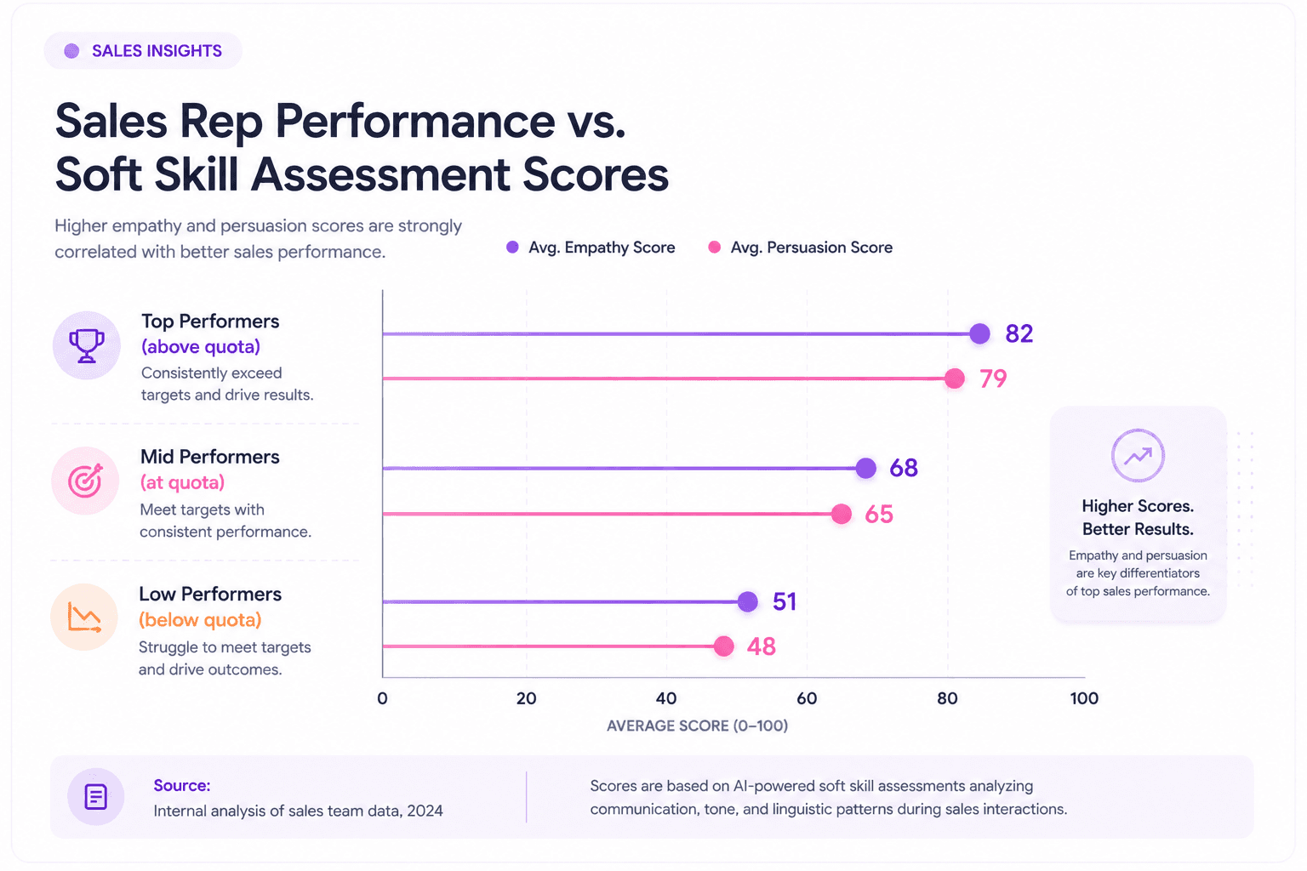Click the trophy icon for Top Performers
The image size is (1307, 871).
(x=87, y=345)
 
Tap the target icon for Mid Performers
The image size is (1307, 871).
(x=85, y=481)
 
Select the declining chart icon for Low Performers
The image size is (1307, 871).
(x=84, y=618)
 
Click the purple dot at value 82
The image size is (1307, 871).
(x=979, y=333)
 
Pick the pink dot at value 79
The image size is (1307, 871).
(x=955, y=378)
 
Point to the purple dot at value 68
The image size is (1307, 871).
(x=866, y=468)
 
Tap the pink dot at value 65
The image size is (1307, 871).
(x=842, y=514)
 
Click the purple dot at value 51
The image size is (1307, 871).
(x=747, y=601)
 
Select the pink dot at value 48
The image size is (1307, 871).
(x=723, y=646)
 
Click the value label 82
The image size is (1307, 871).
(x=1019, y=333)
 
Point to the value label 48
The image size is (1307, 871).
(x=762, y=646)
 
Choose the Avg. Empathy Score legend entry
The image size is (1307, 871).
(x=591, y=248)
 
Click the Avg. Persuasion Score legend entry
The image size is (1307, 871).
(x=800, y=248)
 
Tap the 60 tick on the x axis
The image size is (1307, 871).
(x=807, y=698)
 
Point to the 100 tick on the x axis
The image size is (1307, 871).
(x=1084, y=698)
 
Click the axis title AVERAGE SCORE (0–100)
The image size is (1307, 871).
(x=697, y=726)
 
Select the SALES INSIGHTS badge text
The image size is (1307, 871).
(x=157, y=51)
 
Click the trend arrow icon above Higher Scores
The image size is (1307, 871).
(x=1138, y=456)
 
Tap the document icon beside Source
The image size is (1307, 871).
(x=95, y=796)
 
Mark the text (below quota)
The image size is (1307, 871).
(x=200, y=619)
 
